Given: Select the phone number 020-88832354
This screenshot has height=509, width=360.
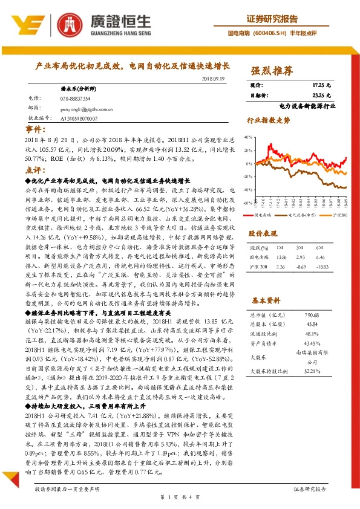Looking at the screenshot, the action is click(76, 98).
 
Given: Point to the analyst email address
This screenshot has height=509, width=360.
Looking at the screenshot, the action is click(87, 109).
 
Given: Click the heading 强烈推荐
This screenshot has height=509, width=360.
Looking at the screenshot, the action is click(272, 71).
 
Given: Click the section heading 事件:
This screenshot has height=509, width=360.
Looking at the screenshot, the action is click(34, 129).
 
